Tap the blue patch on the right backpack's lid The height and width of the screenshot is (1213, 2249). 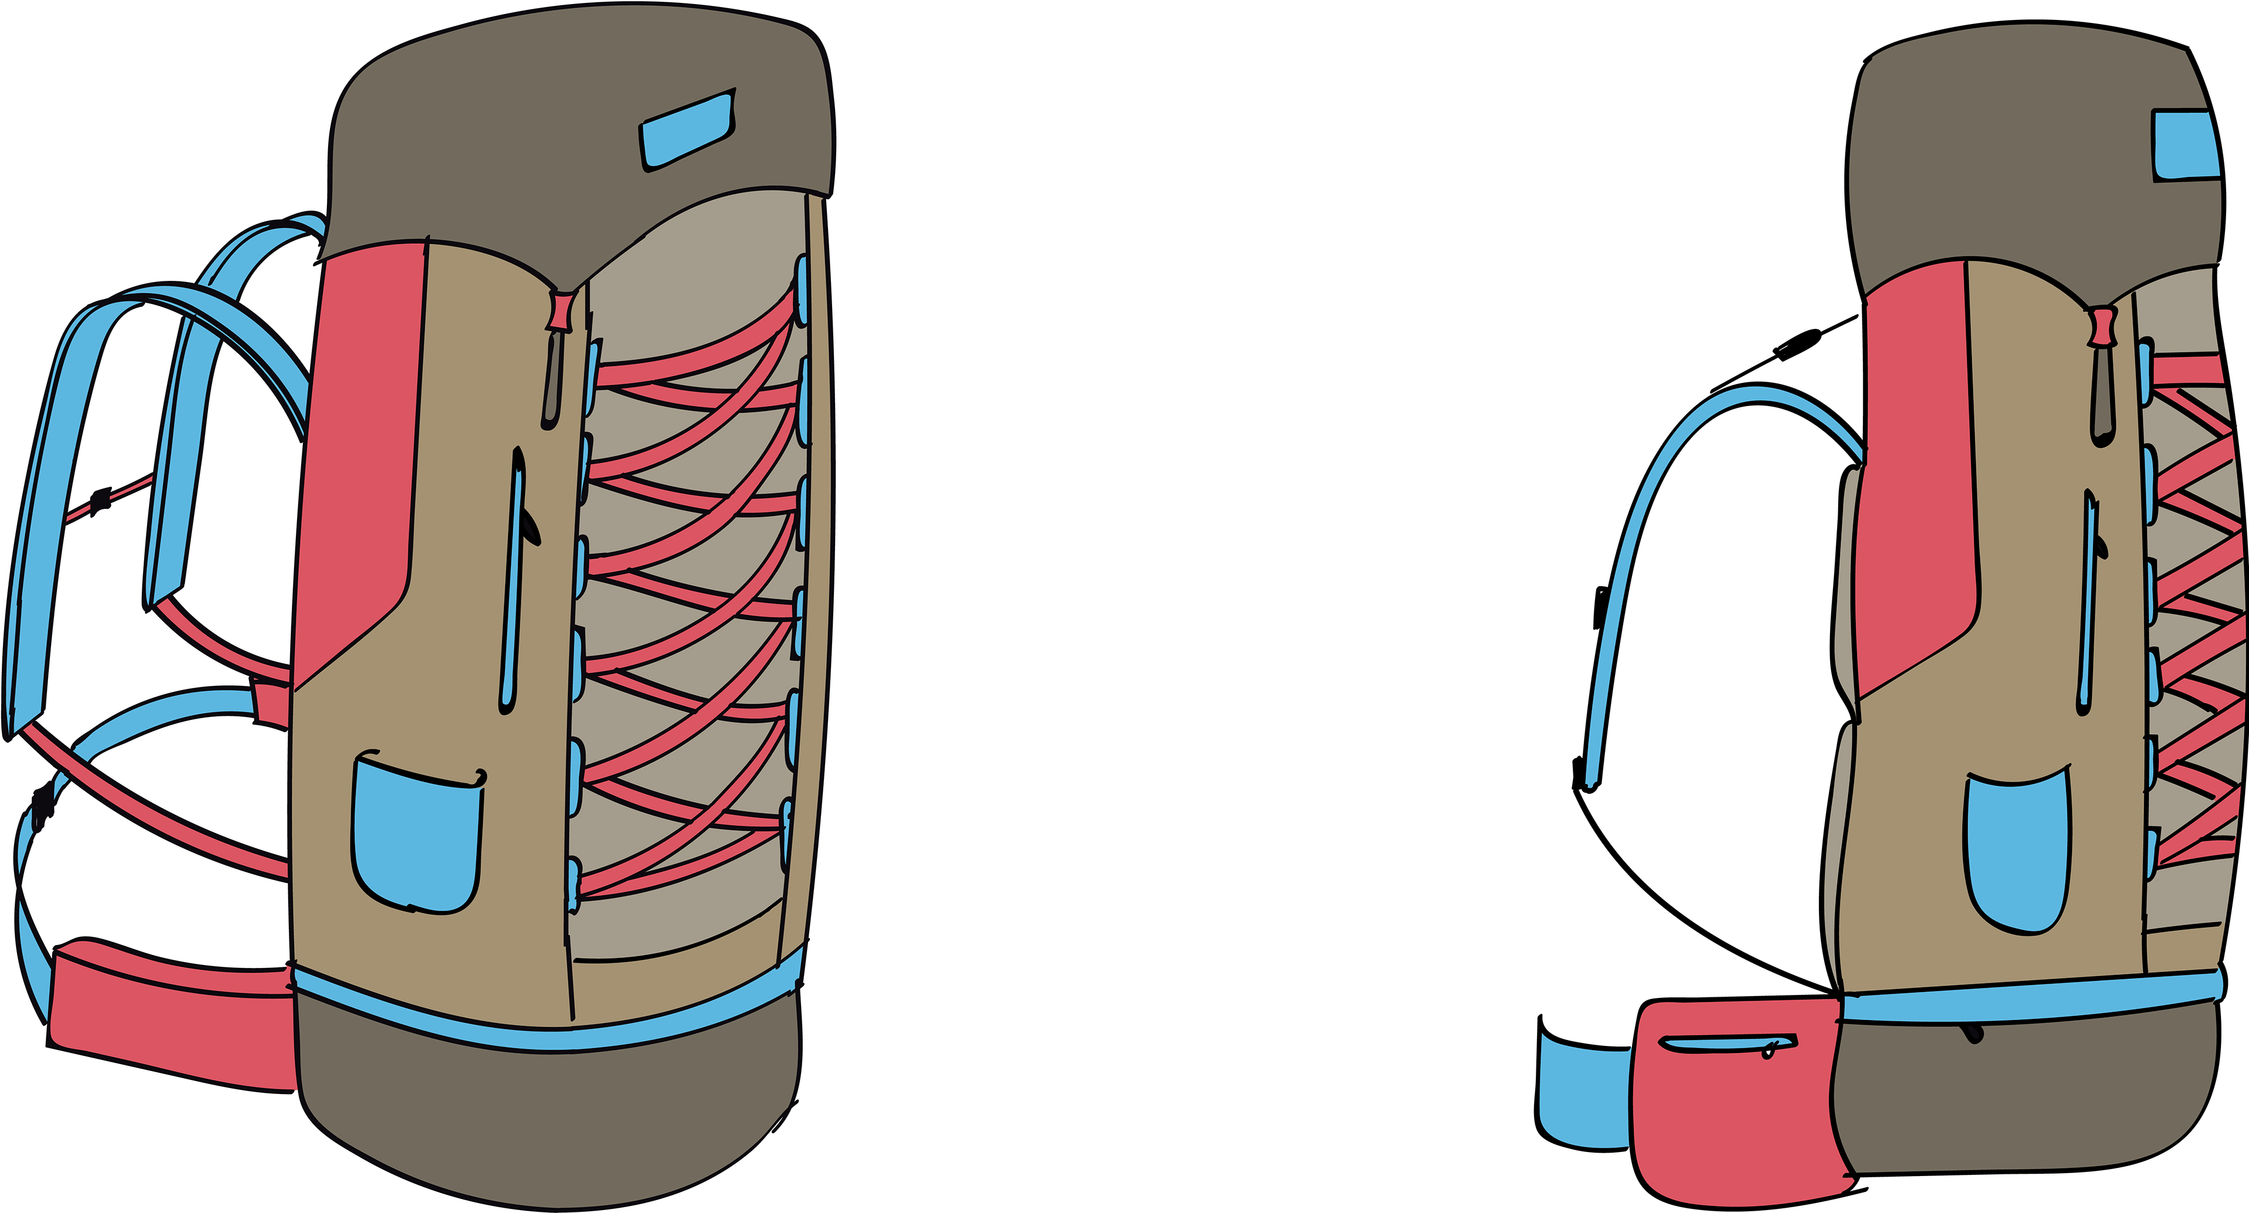click(x=2185, y=146)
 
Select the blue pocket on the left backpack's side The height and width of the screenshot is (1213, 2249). click(x=417, y=837)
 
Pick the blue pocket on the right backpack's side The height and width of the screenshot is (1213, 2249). click(x=2017, y=851)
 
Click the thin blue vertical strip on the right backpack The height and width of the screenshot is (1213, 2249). click(x=2088, y=603)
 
